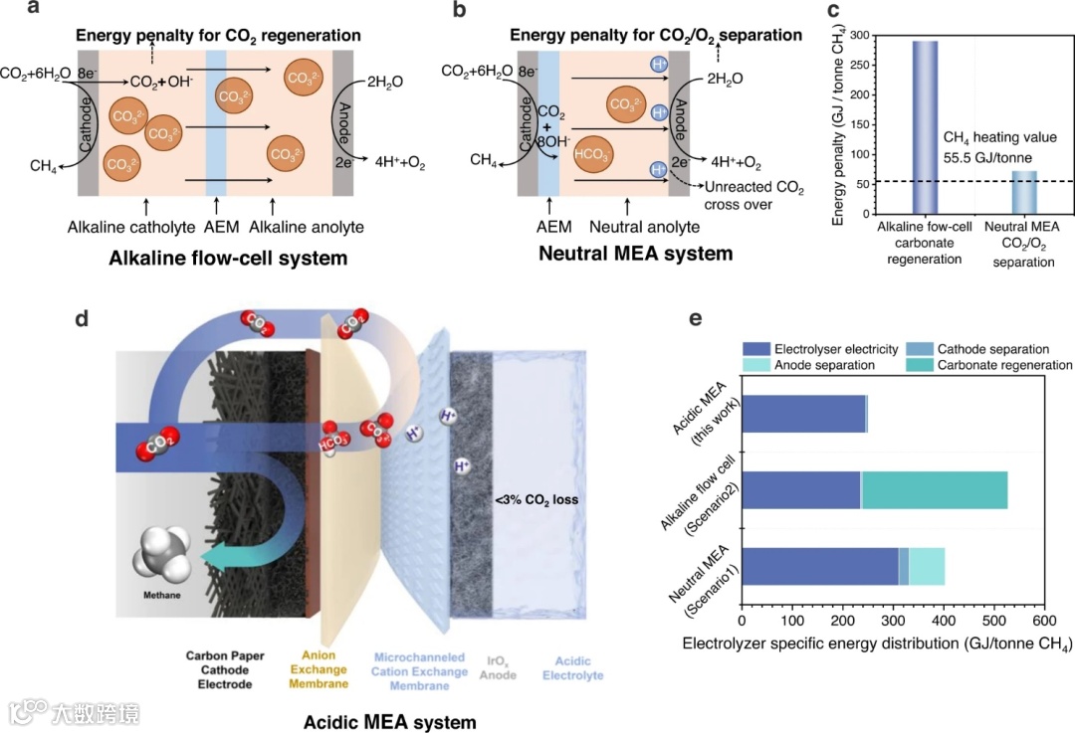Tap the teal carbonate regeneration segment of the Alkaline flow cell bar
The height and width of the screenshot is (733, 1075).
pyautogui.click(x=935, y=490)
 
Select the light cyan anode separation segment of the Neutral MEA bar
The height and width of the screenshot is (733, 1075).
pyautogui.click(x=927, y=566)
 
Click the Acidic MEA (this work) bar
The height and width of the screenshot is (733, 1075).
pyautogui.click(x=804, y=414)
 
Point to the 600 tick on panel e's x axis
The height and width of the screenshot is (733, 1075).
pyautogui.click(x=1043, y=609)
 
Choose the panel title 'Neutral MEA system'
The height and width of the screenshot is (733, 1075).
pyautogui.click(x=635, y=254)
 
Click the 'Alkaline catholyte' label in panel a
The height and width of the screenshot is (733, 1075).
pyautogui.click(x=125, y=227)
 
